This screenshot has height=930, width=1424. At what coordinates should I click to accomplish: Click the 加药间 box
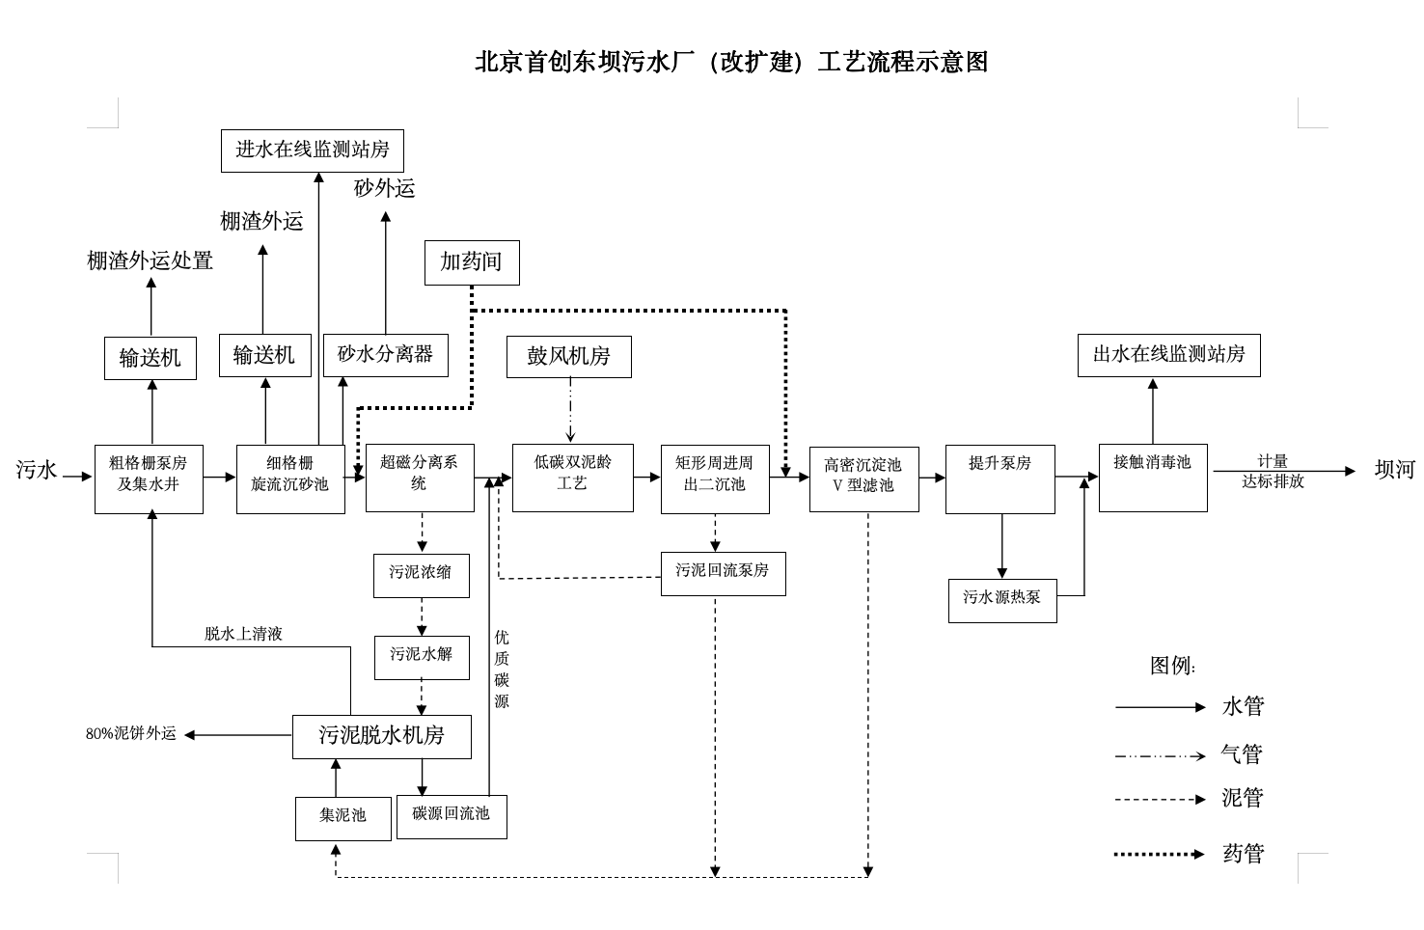click(x=472, y=262)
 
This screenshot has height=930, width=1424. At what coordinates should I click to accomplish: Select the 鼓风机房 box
click(x=569, y=357)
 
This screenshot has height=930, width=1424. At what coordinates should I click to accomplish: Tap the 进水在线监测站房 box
click(x=312, y=150)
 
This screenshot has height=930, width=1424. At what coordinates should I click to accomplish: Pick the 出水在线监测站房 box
click(x=1168, y=355)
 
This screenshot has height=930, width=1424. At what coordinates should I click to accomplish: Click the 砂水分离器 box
click(x=385, y=355)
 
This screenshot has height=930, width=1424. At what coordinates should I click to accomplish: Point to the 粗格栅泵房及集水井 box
click(x=149, y=479)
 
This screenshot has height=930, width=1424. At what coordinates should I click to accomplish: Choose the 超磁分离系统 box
click(x=420, y=478)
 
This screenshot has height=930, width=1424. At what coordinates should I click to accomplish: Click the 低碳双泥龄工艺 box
click(x=572, y=478)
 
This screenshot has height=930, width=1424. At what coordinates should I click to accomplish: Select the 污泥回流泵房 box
click(x=723, y=573)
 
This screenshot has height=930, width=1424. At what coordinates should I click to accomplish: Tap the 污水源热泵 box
click(x=1002, y=600)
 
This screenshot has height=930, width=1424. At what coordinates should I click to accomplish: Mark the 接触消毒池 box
click(x=1153, y=478)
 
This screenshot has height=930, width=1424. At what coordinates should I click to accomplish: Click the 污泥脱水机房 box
click(x=382, y=736)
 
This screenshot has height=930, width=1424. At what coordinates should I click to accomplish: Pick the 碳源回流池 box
click(x=452, y=816)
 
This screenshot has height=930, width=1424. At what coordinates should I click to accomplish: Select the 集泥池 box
click(x=343, y=818)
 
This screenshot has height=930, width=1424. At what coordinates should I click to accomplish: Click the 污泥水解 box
click(x=422, y=657)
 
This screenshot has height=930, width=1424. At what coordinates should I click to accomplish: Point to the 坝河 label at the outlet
click(x=1394, y=471)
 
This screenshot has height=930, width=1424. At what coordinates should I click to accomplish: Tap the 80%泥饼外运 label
click(x=131, y=734)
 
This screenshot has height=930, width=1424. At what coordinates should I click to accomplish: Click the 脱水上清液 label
click(x=243, y=634)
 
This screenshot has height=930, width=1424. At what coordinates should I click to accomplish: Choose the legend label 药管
click(x=1243, y=854)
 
